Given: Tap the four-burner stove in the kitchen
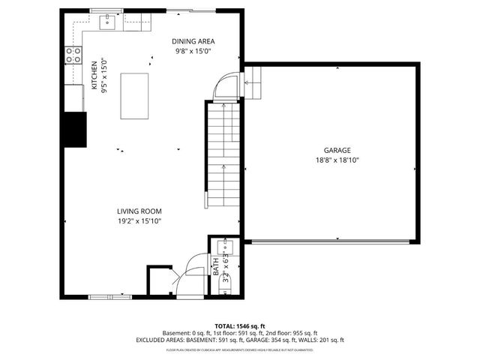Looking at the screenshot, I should point(74,54).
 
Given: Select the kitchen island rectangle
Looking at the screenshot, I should point(134,95).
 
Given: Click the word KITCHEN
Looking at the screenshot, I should point(94,75).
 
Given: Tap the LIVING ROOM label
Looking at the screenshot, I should point(139,211).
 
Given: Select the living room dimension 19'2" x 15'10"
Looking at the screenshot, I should point(139,221).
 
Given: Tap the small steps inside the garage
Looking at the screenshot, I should point(254,82).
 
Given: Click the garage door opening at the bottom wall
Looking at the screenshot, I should point(331,242).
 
